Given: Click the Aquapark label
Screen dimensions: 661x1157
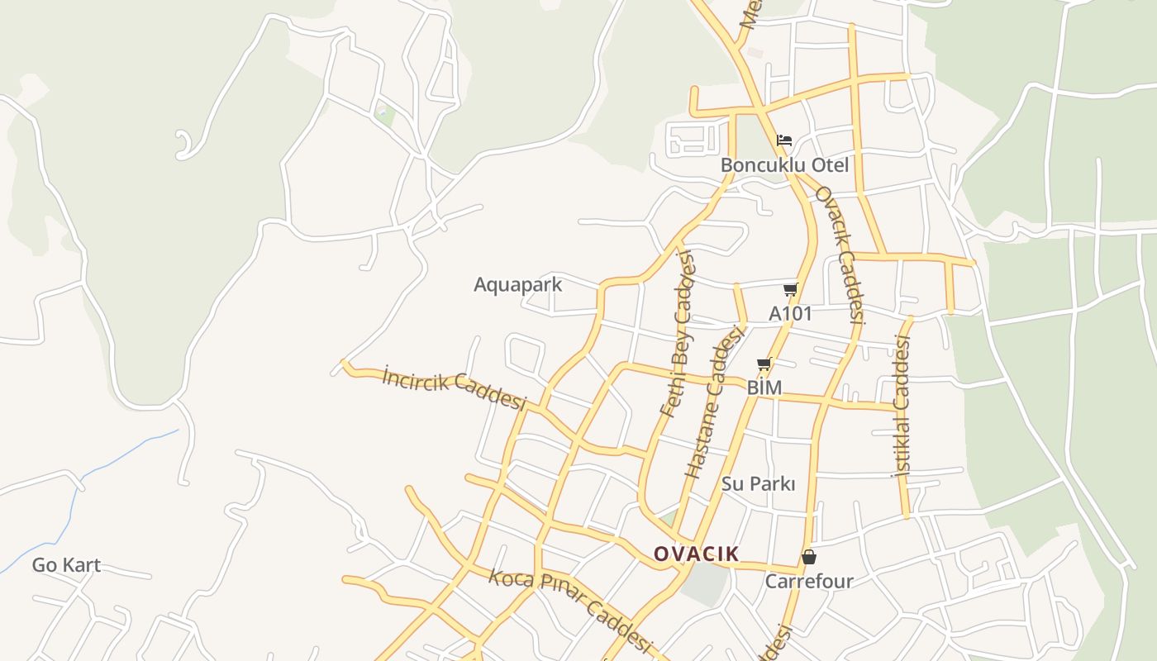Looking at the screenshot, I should pyautogui.click(x=517, y=285).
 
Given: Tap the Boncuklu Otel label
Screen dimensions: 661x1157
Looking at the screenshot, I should pyautogui.click(x=784, y=165).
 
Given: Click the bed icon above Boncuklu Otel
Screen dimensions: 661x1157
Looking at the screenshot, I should pyautogui.click(x=784, y=140).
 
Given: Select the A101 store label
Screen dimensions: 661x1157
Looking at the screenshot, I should pyautogui.click(x=790, y=314).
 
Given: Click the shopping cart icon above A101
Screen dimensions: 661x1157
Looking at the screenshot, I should pyautogui.click(x=790, y=289).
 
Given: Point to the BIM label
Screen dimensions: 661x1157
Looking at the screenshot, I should pyautogui.click(x=764, y=388).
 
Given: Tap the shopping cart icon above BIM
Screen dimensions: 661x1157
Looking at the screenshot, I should pyautogui.click(x=764, y=364).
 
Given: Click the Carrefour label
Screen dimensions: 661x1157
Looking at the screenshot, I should pyautogui.click(x=808, y=582).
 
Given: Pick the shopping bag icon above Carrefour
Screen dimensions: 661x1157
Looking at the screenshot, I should pyautogui.click(x=809, y=557).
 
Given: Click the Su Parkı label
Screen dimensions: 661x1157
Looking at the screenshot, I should pyautogui.click(x=758, y=484).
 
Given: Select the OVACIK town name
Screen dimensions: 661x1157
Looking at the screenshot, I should pyautogui.click(x=696, y=554).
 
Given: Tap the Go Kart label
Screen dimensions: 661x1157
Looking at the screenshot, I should pyautogui.click(x=66, y=566).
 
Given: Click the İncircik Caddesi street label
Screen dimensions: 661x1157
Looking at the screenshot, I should pyautogui.click(x=455, y=389).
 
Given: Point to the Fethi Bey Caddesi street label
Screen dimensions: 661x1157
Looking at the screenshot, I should pyautogui.click(x=678, y=335).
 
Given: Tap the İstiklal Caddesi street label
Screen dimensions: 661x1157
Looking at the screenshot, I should pyautogui.click(x=901, y=407).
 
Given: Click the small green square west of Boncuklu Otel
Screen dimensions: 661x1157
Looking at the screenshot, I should pyautogui.click(x=384, y=115).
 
